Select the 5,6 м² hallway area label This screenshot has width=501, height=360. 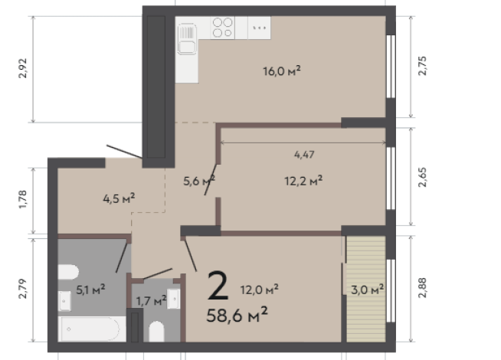[198, 181]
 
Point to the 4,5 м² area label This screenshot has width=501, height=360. [119, 198]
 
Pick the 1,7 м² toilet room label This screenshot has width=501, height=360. [149, 301]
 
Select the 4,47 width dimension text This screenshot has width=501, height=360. [304, 154]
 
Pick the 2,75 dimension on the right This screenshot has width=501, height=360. [422, 67]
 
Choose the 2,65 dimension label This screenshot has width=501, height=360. [422, 178]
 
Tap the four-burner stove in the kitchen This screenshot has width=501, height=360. [222, 28]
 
